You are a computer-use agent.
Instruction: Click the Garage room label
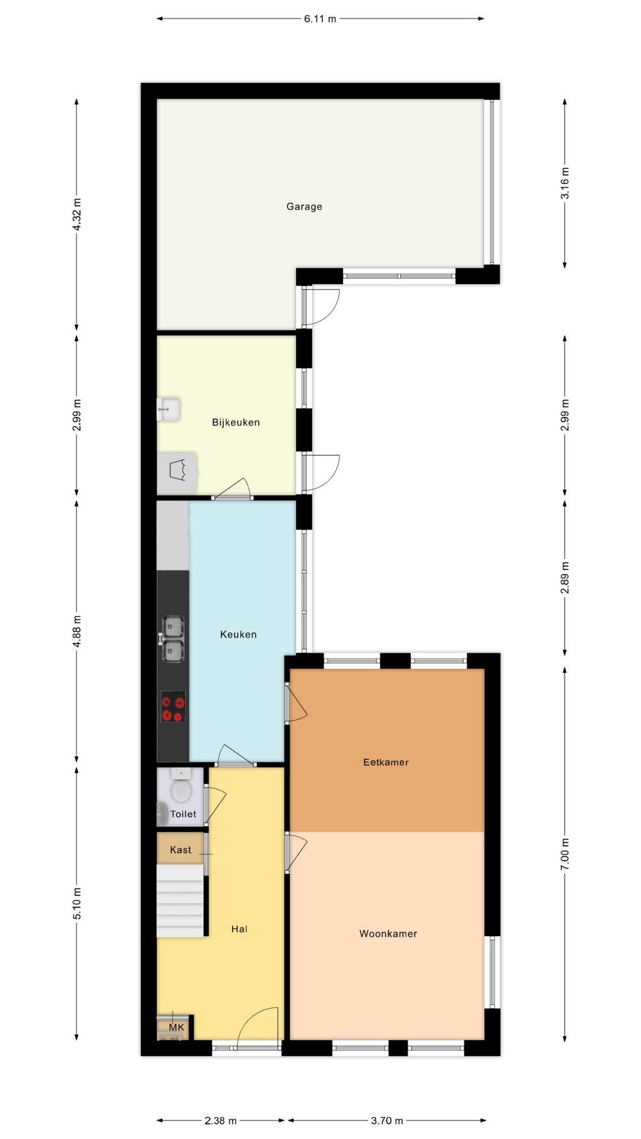304,206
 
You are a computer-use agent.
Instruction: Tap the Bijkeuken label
236,422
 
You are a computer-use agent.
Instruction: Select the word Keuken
238,634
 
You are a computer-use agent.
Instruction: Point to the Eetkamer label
386,762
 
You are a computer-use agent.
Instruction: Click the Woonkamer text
388,934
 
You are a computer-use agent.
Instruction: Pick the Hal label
239,929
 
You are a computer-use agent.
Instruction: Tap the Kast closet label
180,850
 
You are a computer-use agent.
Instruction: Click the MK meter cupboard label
176,1027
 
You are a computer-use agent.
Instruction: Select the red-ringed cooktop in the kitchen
173,707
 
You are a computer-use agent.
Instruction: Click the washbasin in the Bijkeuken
168,409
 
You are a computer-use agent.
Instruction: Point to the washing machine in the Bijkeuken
177,473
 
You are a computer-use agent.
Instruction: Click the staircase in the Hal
180,901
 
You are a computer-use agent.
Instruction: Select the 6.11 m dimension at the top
320,19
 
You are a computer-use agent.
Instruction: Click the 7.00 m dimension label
564,854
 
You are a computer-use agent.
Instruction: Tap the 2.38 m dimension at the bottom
220,1121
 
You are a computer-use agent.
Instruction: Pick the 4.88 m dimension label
77,632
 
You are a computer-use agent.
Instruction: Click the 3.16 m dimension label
564,183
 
